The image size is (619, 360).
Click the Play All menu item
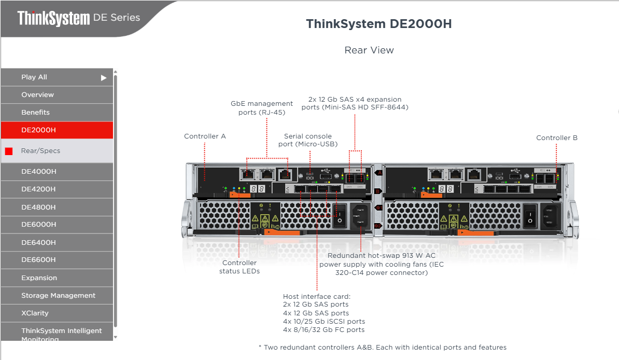[34, 77]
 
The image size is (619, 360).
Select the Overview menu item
[37, 95]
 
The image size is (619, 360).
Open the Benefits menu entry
[35, 113]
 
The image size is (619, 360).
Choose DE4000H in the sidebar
[39, 172]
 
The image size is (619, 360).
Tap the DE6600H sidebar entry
[38, 260]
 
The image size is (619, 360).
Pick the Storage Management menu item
[58, 296]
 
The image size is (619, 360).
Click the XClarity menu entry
[35, 313]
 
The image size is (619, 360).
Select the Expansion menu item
[39, 278]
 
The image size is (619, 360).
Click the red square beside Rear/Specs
[9, 151]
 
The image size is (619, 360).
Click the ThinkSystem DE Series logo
[78, 18]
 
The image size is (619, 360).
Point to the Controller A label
[205, 136]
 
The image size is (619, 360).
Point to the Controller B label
[557, 138]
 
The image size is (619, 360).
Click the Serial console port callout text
[308, 140]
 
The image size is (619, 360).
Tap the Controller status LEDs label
[240, 267]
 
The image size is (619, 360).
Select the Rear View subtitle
[369, 50]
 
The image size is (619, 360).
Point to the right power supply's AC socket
[550, 215]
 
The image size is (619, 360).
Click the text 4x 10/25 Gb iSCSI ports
[324, 322]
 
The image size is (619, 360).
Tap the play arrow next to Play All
[104, 78]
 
